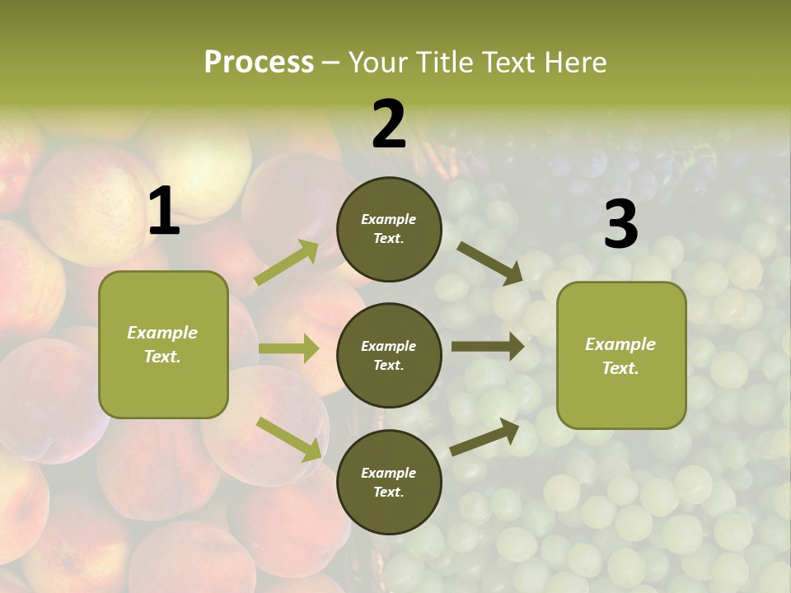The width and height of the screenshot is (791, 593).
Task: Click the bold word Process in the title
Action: coord(259,63)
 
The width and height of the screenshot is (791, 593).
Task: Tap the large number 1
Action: coord(164,212)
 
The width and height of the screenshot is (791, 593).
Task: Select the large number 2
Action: coord(389,124)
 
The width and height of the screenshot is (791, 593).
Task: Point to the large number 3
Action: coord(620,225)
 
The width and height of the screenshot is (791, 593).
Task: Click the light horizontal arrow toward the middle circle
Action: coord(288,348)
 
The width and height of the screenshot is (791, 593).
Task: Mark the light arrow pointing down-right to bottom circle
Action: coord(288,438)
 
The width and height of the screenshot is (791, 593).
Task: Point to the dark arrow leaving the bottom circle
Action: coord(484,437)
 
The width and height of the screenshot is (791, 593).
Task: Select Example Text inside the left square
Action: coord(162,344)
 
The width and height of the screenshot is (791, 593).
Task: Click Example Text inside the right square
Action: coord(620,356)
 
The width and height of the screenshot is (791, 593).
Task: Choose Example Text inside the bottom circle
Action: coord(388,482)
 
